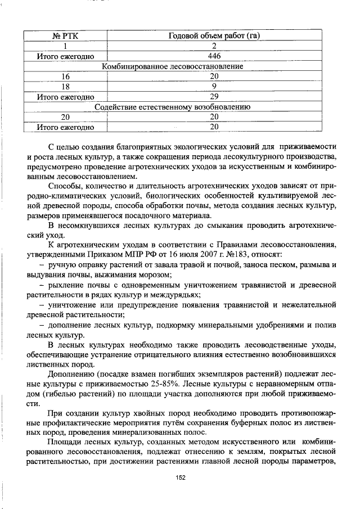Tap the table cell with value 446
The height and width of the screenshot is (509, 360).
point(214,56)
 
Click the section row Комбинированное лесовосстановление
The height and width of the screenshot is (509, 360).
point(172,66)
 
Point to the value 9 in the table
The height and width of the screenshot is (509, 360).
point(214,87)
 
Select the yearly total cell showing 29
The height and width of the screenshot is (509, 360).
point(214,97)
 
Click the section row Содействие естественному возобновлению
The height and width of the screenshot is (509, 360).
point(172,107)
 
